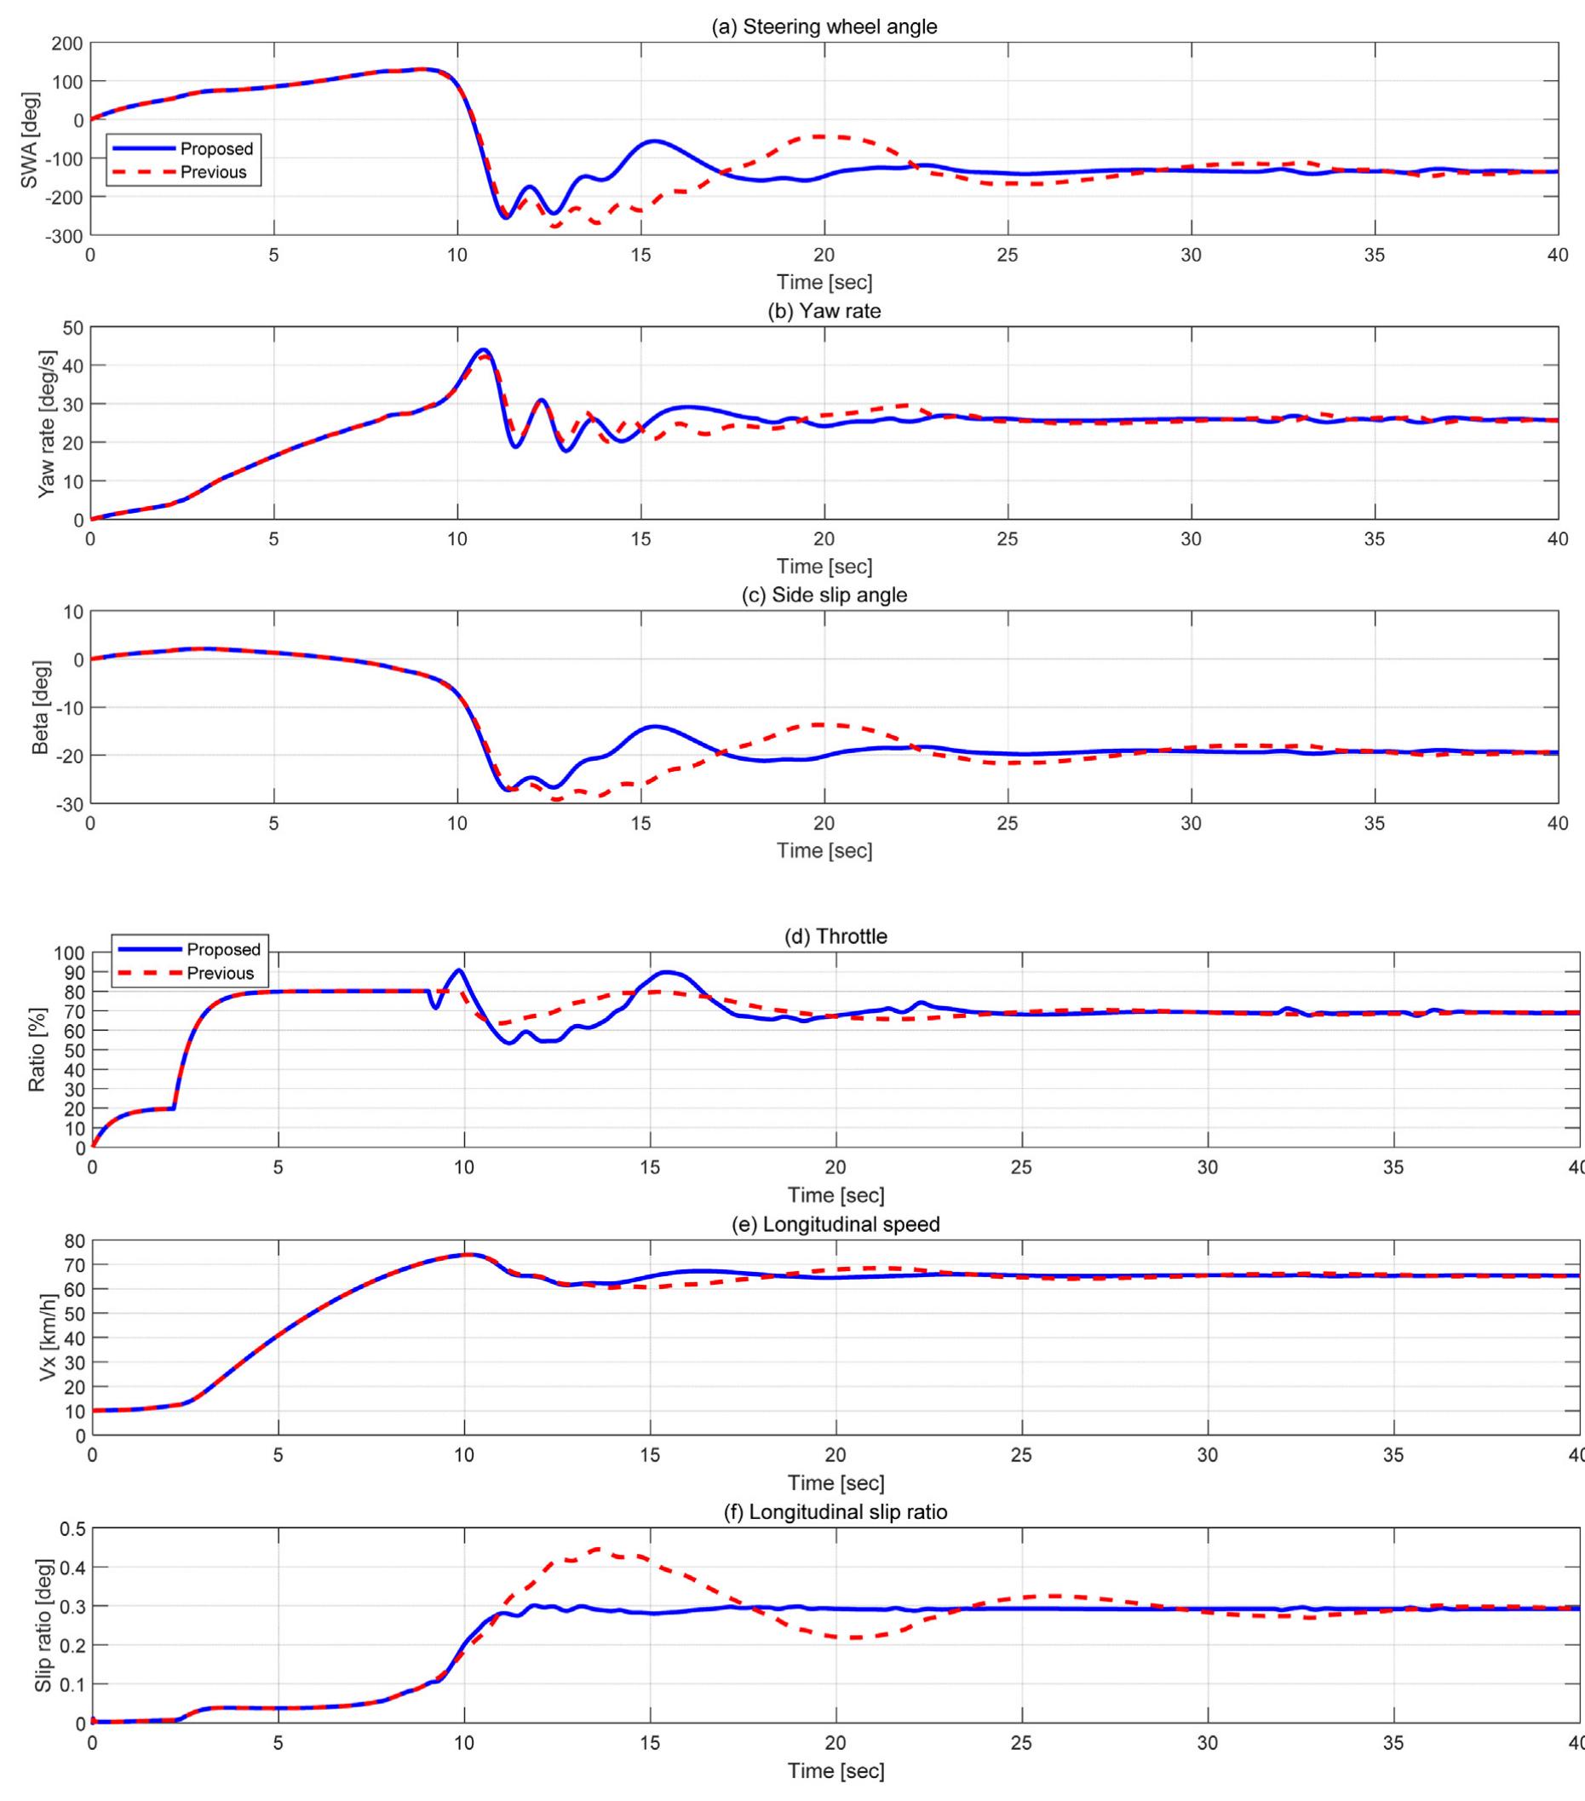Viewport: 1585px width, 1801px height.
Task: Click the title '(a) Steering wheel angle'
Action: pos(824,26)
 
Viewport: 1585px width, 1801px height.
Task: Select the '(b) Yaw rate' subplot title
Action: pos(824,311)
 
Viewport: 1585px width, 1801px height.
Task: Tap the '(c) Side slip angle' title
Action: pos(824,595)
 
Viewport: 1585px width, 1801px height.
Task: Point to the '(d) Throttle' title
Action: pos(836,936)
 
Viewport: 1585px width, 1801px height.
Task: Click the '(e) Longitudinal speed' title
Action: pos(836,1224)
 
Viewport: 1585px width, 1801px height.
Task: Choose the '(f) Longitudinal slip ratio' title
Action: pos(836,1512)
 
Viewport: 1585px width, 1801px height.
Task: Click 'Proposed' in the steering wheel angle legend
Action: pos(215,149)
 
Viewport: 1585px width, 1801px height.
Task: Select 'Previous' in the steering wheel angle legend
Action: pos(213,172)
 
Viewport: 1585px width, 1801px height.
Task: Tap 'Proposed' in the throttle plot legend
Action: pos(223,950)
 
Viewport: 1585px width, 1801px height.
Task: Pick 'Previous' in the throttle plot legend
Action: pos(221,973)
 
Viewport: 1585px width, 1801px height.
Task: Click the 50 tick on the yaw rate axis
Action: pos(72,328)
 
